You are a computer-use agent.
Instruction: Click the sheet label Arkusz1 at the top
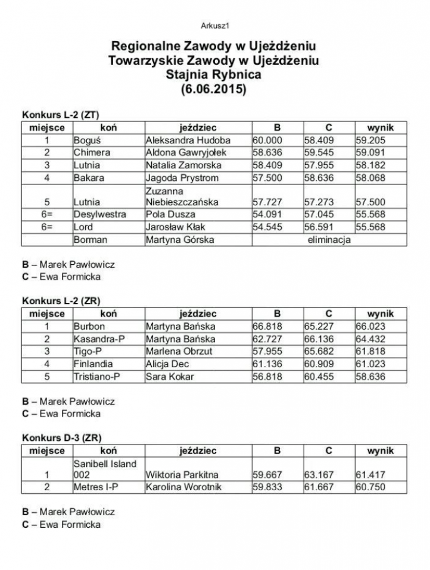(215, 26)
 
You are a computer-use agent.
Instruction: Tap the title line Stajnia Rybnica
(214, 75)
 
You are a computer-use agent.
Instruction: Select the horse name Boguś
(85, 140)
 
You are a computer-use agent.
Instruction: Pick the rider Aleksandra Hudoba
(188, 140)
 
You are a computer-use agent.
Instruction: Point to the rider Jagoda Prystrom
(182, 178)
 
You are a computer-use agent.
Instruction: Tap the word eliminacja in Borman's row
(329, 240)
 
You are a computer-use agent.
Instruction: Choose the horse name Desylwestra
(100, 214)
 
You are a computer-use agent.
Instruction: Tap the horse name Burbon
(89, 326)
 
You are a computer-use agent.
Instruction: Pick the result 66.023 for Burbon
(371, 326)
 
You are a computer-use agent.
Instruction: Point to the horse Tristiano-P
(97, 377)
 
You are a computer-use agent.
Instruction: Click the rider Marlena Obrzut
(179, 351)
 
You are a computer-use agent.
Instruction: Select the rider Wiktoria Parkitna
(182, 475)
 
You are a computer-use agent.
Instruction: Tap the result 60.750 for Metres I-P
(371, 487)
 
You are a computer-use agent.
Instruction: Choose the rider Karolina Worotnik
(185, 487)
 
